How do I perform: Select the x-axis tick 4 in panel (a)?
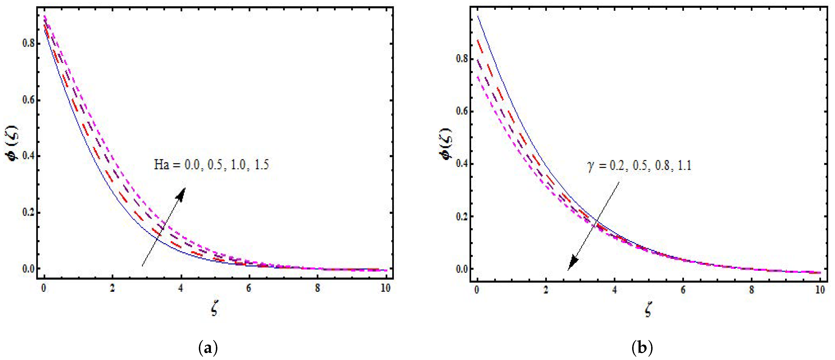tap(181, 288)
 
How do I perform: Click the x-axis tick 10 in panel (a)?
tap(385, 288)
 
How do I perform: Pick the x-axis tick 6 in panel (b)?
tap(683, 290)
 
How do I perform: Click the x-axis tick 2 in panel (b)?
tap(546, 290)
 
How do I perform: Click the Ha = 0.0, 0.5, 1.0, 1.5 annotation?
tap(211, 165)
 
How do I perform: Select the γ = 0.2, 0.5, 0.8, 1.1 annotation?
tap(639, 166)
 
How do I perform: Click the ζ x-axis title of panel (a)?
tap(214, 310)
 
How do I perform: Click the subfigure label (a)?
tap(207, 348)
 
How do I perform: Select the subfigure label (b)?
tap(642, 348)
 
